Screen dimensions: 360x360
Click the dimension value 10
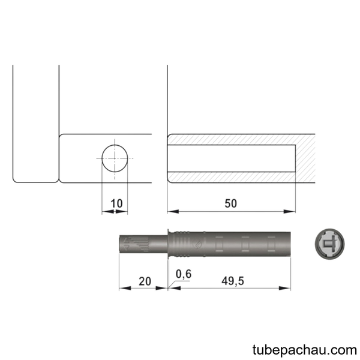tap(116, 203)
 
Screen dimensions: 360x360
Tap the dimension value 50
tap(230, 203)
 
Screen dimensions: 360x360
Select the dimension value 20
tap(145, 281)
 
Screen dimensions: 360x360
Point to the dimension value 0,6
tap(184, 274)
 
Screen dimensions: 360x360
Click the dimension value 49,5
tap(233, 281)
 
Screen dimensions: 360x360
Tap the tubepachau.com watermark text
tap(305, 350)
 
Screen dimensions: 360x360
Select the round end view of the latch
tap(329, 244)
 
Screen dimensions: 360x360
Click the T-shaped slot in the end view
tap(329, 244)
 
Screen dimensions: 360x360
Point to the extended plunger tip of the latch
tap(143, 244)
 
